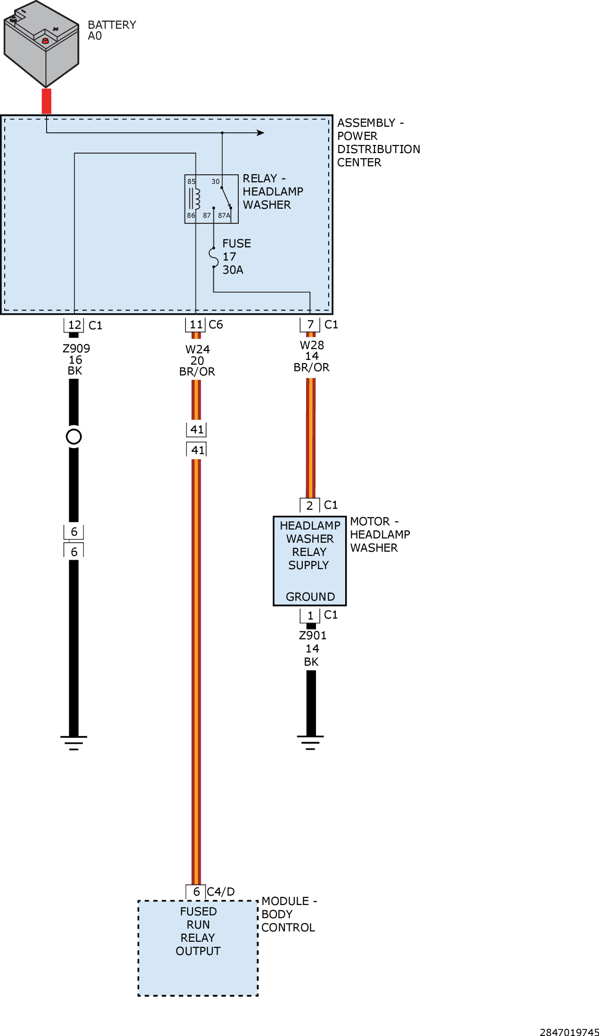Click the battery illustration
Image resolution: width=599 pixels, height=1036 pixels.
pyautogui.click(x=41, y=44)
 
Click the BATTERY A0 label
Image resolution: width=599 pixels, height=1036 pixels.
pyautogui.click(x=112, y=30)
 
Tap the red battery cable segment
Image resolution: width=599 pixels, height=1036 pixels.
pyautogui.click(x=47, y=101)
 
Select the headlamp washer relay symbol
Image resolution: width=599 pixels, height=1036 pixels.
pyautogui.click(x=211, y=199)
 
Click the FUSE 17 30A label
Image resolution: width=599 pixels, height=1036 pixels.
pyautogui.click(x=236, y=257)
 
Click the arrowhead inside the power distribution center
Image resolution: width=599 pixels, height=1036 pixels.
pyautogui.click(x=260, y=133)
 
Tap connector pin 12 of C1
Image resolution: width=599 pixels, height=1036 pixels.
pyautogui.click(x=74, y=325)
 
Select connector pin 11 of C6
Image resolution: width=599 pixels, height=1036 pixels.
pyautogui.click(x=196, y=325)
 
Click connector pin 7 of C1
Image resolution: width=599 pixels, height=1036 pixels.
pyautogui.click(x=310, y=325)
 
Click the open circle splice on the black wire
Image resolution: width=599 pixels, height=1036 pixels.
pyautogui.click(x=74, y=437)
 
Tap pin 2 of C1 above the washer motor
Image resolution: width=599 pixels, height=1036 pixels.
pyautogui.click(x=310, y=506)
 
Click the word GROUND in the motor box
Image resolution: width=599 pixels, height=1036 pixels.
pyautogui.click(x=310, y=597)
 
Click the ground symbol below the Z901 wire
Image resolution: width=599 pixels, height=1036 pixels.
pyautogui.click(x=310, y=742)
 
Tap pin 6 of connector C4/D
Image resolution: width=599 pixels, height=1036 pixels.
pyautogui.click(x=196, y=892)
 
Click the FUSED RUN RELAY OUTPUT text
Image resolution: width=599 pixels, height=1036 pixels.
pyautogui.click(x=198, y=931)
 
